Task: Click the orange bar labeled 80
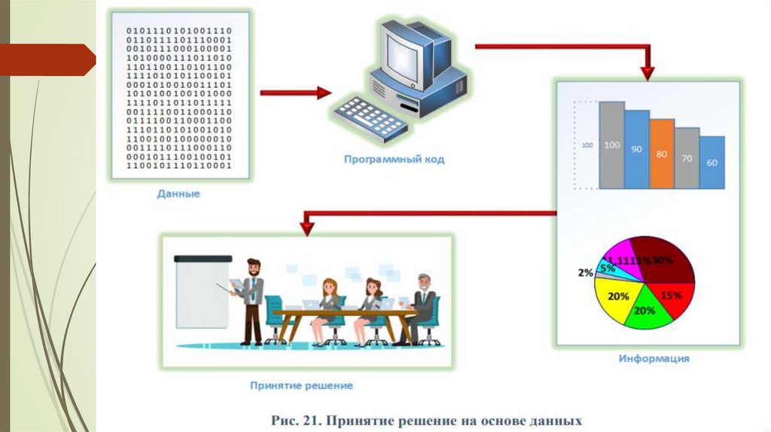pos(662,154)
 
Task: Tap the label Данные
pos(178,194)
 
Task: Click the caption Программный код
pos(395,160)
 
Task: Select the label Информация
pos(654,359)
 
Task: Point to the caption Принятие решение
pos(301,386)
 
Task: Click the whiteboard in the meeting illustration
pos(201,294)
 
